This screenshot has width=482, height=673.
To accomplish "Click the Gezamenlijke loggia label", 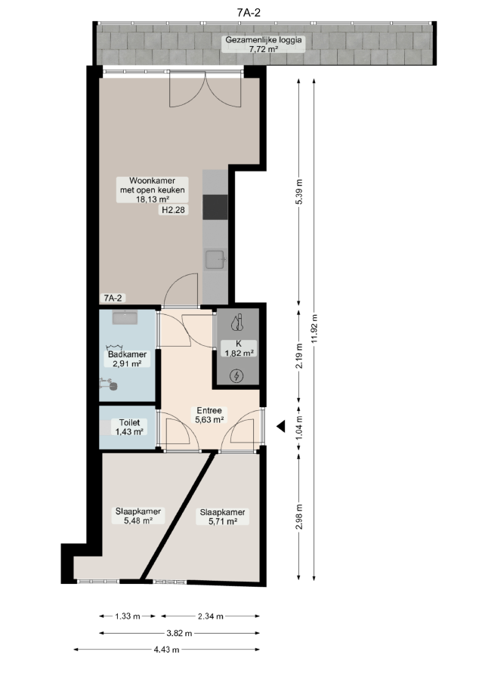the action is pyautogui.click(x=264, y=45).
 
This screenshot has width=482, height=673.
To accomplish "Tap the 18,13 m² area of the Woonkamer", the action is pyautogui.click(x=153, y=199).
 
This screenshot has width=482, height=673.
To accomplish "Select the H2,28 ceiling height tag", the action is pyautogui.click(x=174, y=210).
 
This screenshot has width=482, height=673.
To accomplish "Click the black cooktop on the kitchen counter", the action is pyautogui.click(x=215, y=207).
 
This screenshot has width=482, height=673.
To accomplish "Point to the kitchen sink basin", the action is pyautogui.click(x=215, y=259).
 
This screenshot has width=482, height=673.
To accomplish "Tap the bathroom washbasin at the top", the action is pyautogui.click(x=125, y=318).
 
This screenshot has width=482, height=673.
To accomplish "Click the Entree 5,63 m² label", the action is pyautogui.click(x=209, y=415).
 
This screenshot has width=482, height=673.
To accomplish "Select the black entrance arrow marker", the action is pyautogui.click(x=281, y=427).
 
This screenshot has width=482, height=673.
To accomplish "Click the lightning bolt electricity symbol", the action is pyautogui.click(x=236, y=376).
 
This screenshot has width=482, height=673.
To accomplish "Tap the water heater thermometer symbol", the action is pyautogui.click(x=237, y=323).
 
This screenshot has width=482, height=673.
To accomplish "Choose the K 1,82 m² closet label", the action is pyautogui.click(x=239, y=348).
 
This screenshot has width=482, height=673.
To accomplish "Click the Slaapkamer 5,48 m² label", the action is pyautogui.click(x=137, y=516).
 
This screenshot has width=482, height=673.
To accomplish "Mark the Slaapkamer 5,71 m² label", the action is pyautogui.click(x=222, y=517).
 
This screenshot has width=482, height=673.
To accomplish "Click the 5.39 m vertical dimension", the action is pyautogui.click(x=299, y=191).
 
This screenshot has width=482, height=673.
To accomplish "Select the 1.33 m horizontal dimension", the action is pyautogui.click(x=128, y=616).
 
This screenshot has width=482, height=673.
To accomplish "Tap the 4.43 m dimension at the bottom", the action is pyautogui.click(x=166, y=650).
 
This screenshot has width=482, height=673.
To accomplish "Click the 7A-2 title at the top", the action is pyautogui.click(x=249, y=12).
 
